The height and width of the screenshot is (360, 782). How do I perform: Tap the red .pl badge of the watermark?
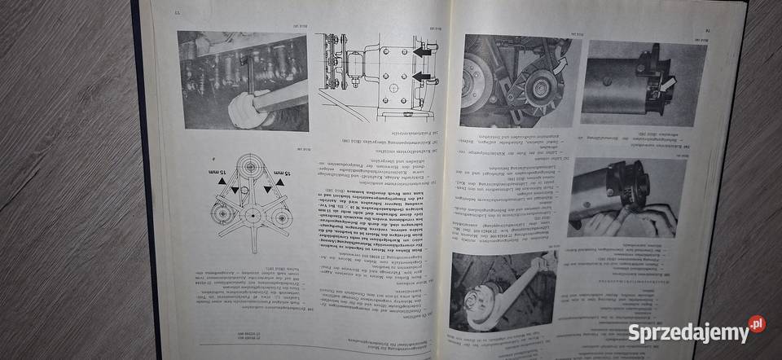coord(757,323)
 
